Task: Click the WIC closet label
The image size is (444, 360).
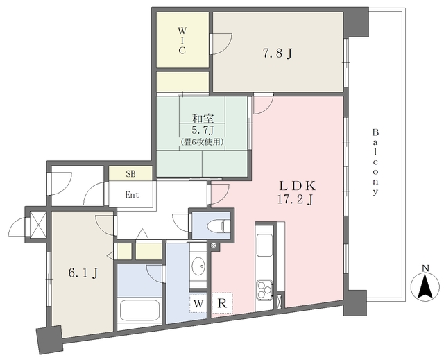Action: pyautogui.click(x=182, y=40)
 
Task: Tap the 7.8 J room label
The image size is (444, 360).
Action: pyautogui.click(x=277, y=53)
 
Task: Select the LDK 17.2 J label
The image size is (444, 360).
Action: pyautogui.click(x=297, y=193)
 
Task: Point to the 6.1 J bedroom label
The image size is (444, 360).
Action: pyautogui.click(x=83, y=273)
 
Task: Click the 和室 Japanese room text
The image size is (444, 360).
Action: pyautogui.click(x=203, y=118)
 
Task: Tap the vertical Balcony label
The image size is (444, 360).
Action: pyautogui.click(x=375, y=162)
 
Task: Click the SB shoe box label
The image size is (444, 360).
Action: pyautogui.click(x=130, y=174)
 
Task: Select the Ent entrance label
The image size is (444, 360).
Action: pyautogui.click(x=133, y=195)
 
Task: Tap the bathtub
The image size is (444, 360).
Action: pyautogui.click(x=139, y=310)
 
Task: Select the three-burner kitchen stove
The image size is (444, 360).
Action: pyautogui.click(x=264, y=289)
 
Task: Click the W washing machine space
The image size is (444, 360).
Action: pyautogui.click(x=198, y=304)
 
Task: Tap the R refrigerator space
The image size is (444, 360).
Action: pyautogui.click(x=222, y=303)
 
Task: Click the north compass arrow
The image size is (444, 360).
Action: pyautogui.click(x=425, y=286)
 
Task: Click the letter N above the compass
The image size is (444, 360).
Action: pyautogui.click(x=425, y=268)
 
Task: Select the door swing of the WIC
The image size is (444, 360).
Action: pyautogui.click(x=221, y=44)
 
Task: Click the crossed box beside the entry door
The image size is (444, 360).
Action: pyautogui.click(x=38, y=223)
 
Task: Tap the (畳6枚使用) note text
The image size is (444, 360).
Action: pyautogui.click(x=203, y=142)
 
